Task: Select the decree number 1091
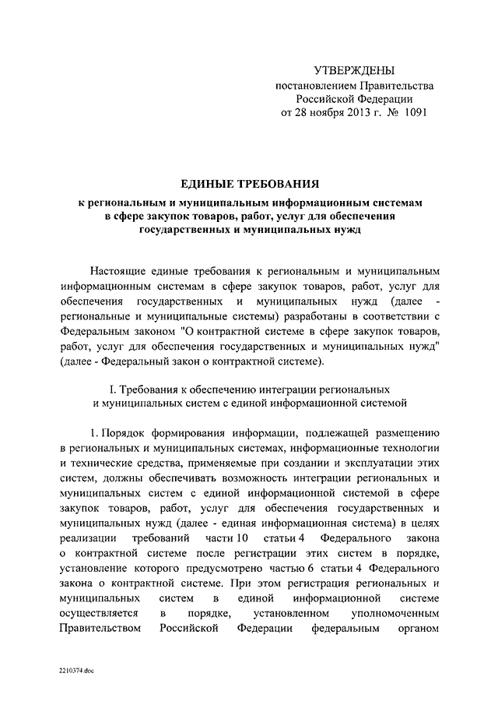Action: [412, 112]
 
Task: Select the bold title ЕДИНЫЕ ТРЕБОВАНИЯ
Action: [249, 184]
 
